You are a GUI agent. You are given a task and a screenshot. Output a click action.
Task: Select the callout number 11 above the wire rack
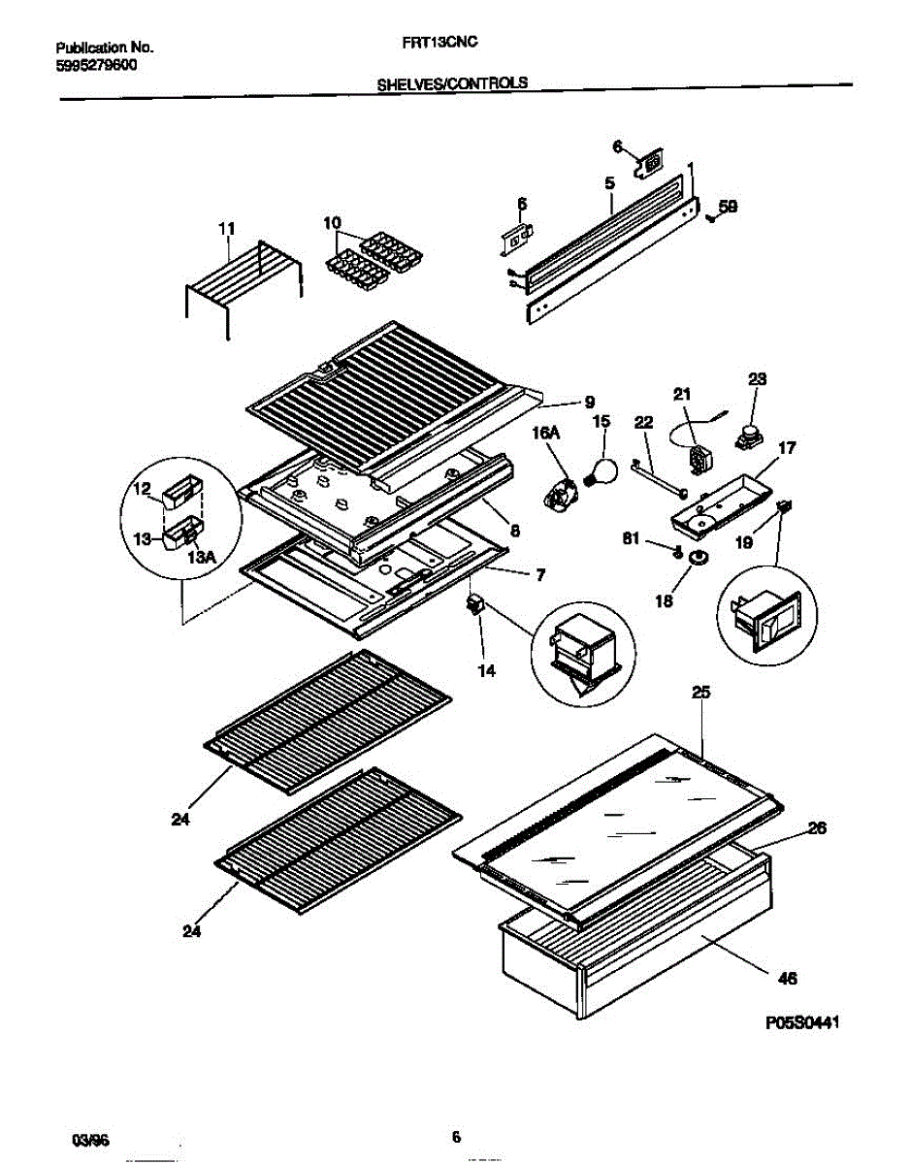226,228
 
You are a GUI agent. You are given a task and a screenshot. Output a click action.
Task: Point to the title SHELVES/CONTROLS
451,83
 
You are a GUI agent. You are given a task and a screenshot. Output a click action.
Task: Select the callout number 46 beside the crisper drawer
788,979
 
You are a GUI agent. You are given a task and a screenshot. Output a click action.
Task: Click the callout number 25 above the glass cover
700,692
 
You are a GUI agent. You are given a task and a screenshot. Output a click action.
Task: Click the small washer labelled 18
697,559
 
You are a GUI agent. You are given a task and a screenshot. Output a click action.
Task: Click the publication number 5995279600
96,65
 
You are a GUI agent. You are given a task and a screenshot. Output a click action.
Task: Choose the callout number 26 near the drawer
816,828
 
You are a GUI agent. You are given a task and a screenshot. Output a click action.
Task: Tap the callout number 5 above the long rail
609,181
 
